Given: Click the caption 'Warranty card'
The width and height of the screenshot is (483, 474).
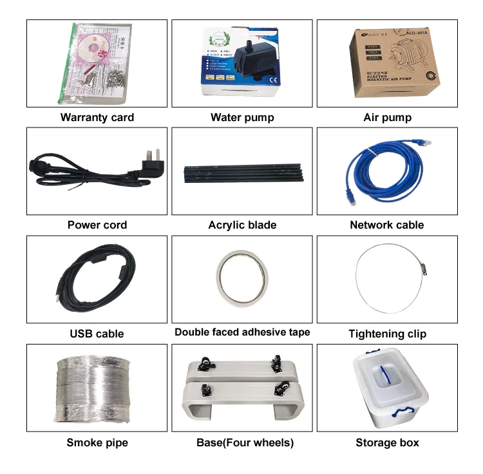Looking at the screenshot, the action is [97, 117].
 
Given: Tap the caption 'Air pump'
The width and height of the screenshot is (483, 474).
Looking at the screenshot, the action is [387, 117].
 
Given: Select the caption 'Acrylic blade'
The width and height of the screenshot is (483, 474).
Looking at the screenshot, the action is [242, 225].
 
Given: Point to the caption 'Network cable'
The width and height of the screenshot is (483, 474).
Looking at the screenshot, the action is [387, 225].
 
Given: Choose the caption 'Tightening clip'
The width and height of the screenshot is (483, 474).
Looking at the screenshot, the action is [387, 334].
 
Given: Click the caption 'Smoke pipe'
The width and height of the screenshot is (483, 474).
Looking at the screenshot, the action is [97, 442].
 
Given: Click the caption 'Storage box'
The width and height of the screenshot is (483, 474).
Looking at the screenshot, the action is [387, 442].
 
